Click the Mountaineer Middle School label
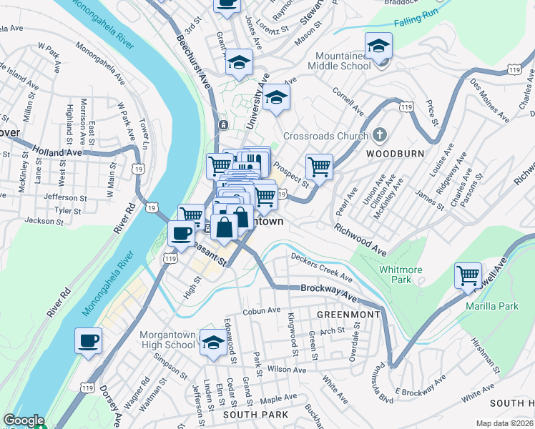tap(339, 61)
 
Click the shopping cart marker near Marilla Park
tap(468, 275)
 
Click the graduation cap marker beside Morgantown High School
tap(212, 342)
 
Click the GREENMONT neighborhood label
tap(350, 314)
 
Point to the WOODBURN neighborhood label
tap(396, 154)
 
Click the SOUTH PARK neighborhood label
tap(255, 415)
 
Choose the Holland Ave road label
tap(57, 152)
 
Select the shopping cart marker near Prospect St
tap(319, 167)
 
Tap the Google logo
tap(24, 420)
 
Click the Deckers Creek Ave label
tap(321, 266)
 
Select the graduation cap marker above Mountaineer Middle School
tap(378, 46)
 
